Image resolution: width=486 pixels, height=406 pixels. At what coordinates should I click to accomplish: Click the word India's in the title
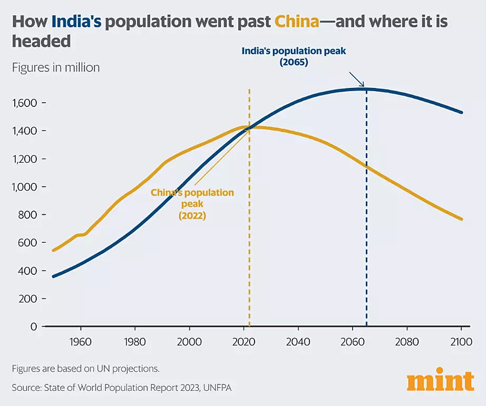click(x=76, y=22)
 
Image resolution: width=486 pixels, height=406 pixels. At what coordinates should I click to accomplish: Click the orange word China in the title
click(x=297, y=22)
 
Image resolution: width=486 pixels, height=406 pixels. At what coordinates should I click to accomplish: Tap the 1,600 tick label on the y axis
click(x=24, y=103)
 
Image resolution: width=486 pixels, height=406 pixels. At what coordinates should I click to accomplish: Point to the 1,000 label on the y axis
click(x=24, y=187)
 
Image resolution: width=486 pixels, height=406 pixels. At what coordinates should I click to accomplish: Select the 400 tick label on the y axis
click(x=27, y=271)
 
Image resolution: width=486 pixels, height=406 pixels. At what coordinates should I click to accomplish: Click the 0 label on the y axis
click(x=34, y=326)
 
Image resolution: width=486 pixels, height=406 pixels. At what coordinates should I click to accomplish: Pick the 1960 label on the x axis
click(x=81, y=342)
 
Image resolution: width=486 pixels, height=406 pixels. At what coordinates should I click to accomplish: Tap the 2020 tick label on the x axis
click(x=244, y=342)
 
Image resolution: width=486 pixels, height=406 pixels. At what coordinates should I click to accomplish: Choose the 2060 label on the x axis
click(x=353, y=342)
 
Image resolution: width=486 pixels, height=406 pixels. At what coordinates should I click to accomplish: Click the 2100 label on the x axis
click(x=461, y=342)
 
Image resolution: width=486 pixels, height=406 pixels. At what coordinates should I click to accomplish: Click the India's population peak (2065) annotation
click(x=294, y=56)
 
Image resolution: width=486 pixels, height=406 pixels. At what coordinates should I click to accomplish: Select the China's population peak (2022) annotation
click(x=192, y=204)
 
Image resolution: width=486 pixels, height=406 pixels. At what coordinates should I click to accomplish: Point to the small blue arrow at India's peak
click(x=357, y=80)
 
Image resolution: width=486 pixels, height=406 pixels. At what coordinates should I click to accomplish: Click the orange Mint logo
click(x=441, y=379)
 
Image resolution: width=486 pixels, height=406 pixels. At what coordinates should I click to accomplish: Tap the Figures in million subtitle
click(x=56, y=67)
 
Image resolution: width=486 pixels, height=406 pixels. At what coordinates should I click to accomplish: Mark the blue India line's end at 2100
click(x=462, y=112)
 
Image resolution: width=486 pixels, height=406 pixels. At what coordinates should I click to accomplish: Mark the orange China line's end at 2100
click(x=462, y=219)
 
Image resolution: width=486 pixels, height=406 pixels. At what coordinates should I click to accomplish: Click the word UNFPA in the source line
click(x=217, y=388)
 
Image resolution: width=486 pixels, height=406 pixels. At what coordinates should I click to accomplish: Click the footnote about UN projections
click(x=85, y=369)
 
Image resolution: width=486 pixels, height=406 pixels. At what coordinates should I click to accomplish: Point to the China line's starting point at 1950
click(x=53, y=250)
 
